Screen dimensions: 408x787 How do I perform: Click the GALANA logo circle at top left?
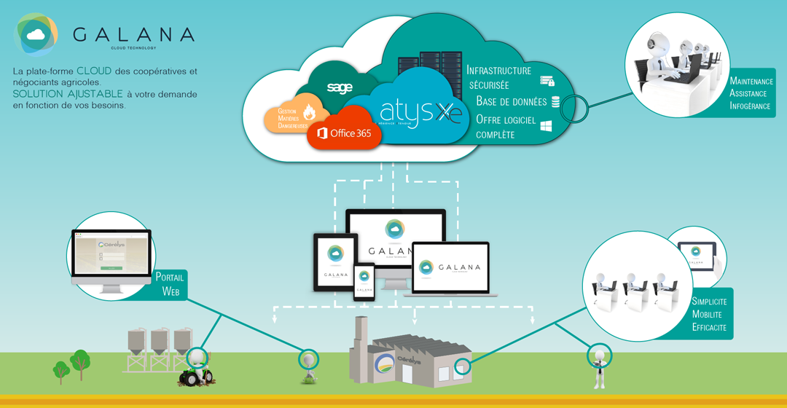click(x=36, y=34)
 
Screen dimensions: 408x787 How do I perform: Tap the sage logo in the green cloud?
click(x=340, y=88)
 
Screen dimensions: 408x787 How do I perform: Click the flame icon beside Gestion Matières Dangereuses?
click(x=309, y=112)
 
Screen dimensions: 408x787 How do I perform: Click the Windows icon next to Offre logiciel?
click(x=545, y=126)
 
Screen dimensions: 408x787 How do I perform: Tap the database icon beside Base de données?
click(x=555, y=102)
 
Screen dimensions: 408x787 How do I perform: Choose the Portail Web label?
click(x=170, y=284)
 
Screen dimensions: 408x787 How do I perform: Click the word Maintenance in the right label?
click(x=751, y=81)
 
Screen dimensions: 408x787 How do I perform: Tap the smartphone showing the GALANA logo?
click(x=364, y=282)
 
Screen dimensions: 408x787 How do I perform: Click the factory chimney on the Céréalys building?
click(x=360, y=342)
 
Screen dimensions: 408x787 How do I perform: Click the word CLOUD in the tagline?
click(x=94, y=71)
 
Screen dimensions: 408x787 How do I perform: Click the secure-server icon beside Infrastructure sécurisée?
click(x=547, y=81)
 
